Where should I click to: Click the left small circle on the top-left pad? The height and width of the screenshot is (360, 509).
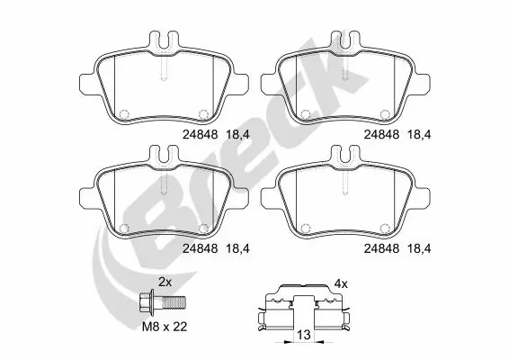[x=123, y=114]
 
